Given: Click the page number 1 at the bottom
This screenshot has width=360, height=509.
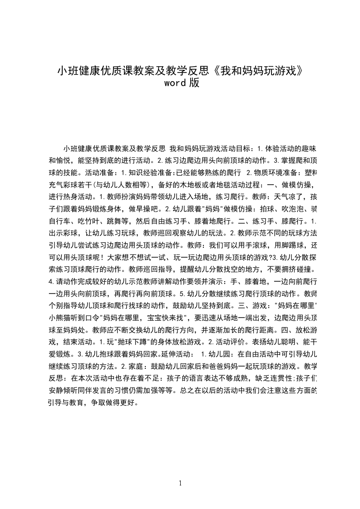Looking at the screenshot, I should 180,483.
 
